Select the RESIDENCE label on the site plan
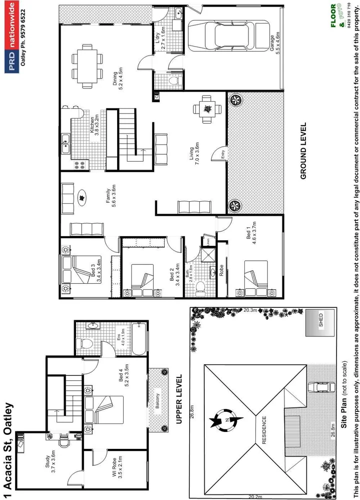click(264, 430)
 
